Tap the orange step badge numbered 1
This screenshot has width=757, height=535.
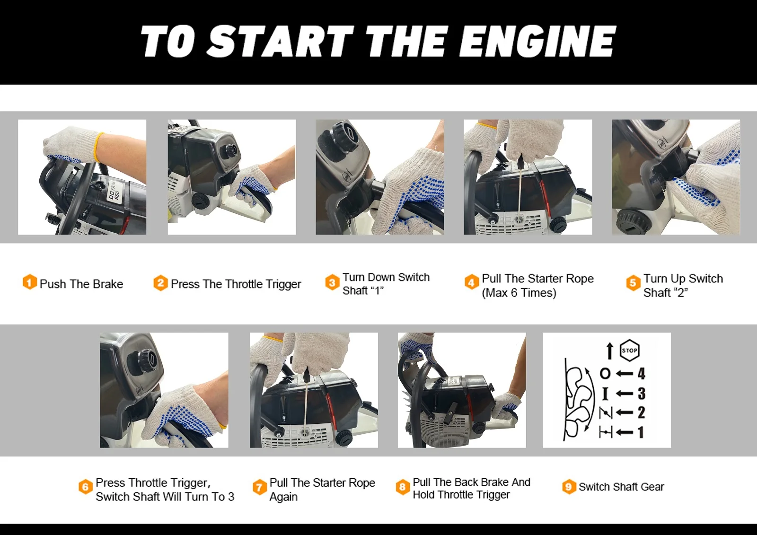[x=29, y=282]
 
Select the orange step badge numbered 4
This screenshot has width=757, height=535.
[x=471, y=282]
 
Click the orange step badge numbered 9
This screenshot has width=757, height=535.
[x=569, y=487]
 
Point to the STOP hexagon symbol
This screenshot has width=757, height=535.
[x=629, y=351]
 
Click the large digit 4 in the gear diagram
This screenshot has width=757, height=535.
[x=641, y=374]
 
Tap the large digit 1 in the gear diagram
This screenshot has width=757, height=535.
[x=641, y=432]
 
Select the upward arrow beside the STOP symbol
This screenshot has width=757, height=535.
[x=609, y=351]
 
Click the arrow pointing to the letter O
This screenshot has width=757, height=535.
[x=624, y=374]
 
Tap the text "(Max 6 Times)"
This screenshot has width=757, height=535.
[x=519, y=293]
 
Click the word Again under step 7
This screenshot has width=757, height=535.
[x=283, y=497]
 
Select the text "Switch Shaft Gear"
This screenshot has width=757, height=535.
[x=621, y=487]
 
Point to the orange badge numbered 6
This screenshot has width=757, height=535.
[x=85, y=487]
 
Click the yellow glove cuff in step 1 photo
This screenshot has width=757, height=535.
[x=99, y=148]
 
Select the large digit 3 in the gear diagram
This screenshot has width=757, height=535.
[x=641, y=394]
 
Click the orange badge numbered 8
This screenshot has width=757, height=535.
[x=403, y=487]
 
